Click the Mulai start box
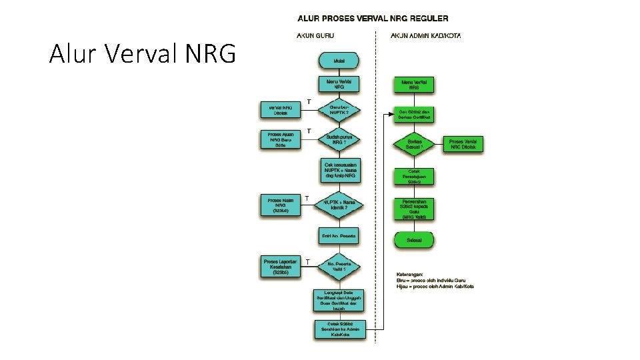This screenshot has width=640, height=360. click(x=339, y=61)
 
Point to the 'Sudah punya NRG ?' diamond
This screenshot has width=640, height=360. click(x=339, y=139)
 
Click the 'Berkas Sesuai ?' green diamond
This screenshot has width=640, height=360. click(x=414, y=143)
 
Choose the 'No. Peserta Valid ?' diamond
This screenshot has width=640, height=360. click(x=339, y=267)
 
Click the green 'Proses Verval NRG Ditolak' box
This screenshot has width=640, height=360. click(x=463, y=144)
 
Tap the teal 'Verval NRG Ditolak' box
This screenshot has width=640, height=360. click(x=280, y=110)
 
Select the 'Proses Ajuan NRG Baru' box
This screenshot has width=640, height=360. click(x=280, y=140)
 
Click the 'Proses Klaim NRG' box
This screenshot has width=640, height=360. click(x=280, y=205)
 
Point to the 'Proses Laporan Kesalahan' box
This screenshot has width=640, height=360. click(x=280, y=267)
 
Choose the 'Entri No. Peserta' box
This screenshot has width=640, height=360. click(x=339, y=236)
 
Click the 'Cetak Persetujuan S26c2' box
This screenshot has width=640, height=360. click(x=414, y=176)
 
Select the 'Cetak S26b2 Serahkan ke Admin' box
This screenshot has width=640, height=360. click(x=339, y=329)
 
